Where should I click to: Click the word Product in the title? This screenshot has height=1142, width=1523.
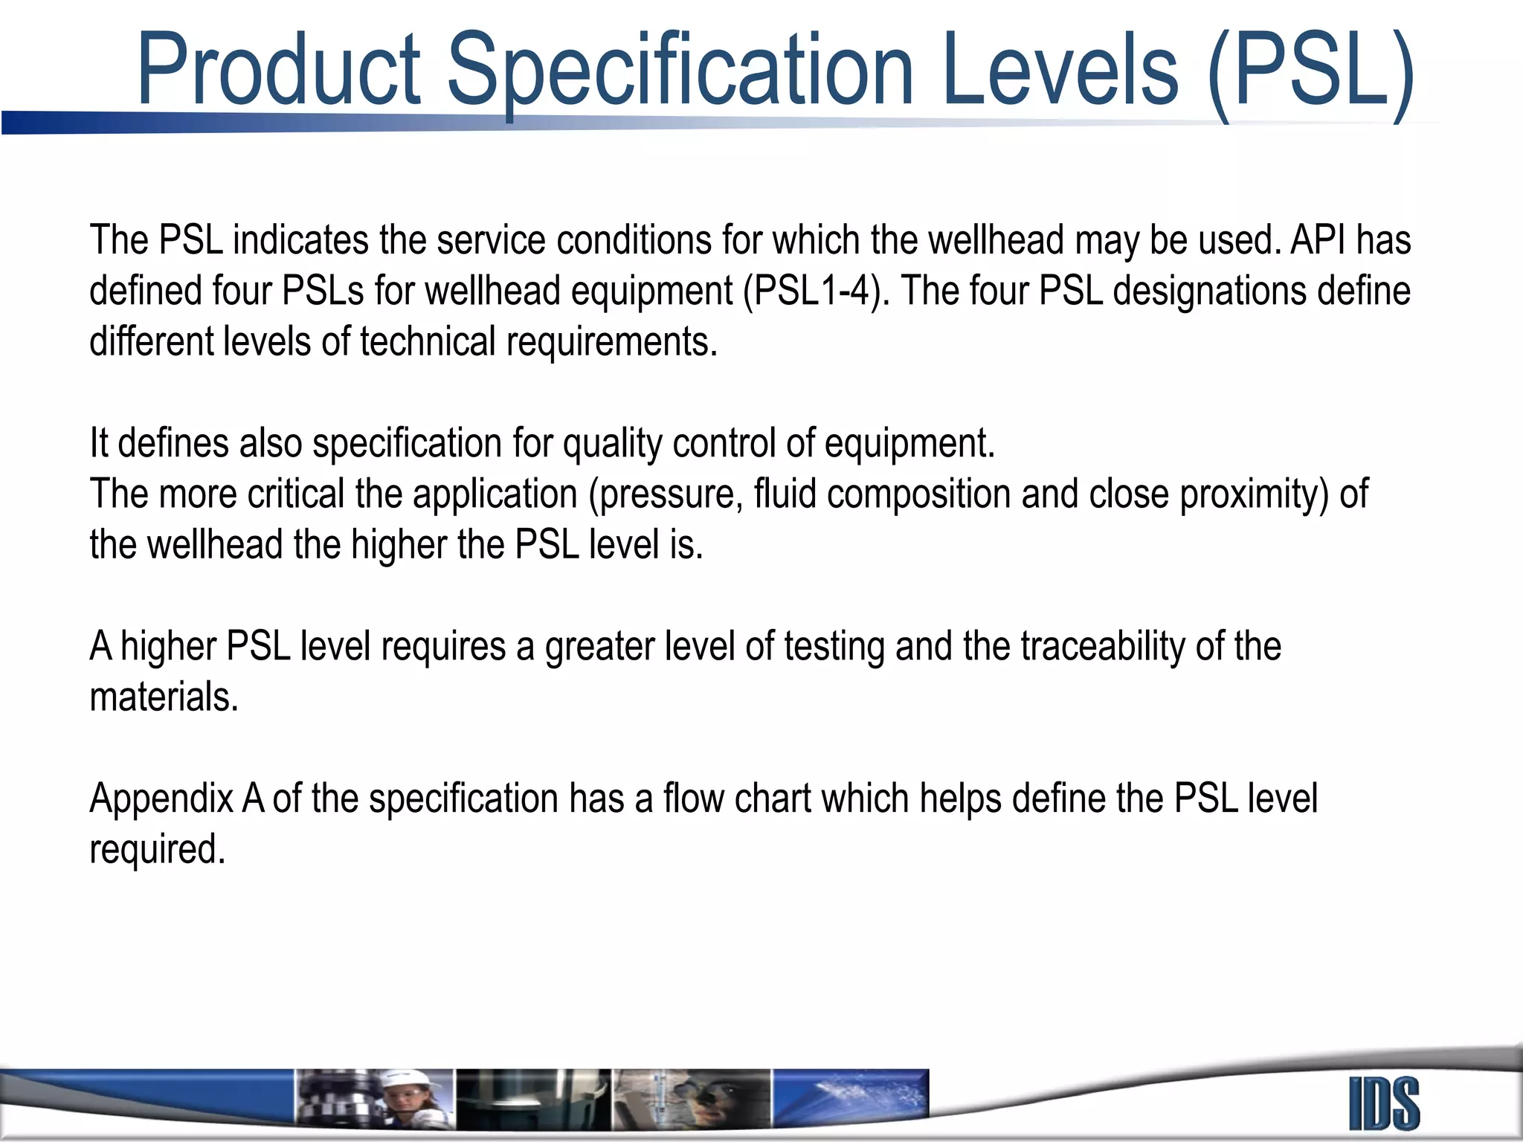point(279,71)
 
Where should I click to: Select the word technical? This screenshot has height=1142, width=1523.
point(428,342)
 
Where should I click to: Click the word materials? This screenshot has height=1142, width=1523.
point(164,697)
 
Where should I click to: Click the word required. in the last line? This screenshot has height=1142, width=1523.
point(157,850)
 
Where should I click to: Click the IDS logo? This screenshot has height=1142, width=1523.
point(1384,1104)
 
